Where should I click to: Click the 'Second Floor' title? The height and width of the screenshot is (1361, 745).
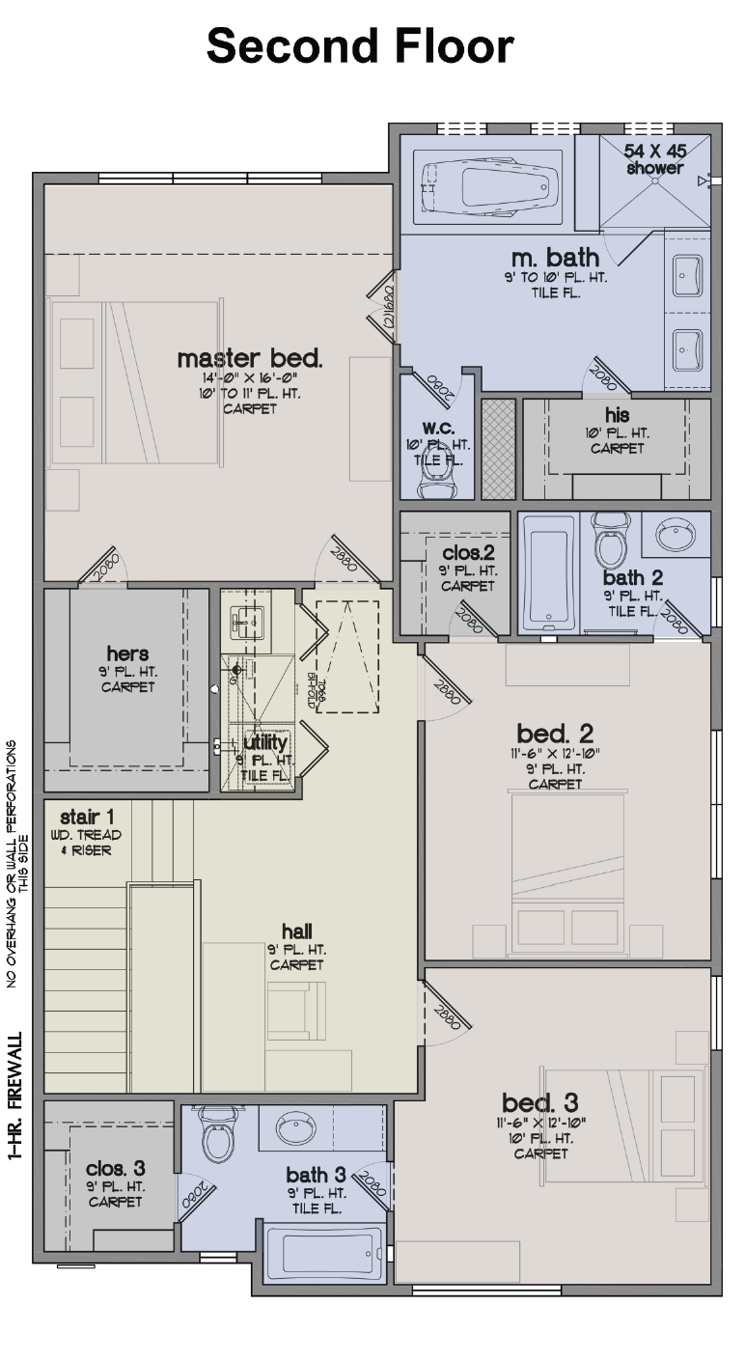360,45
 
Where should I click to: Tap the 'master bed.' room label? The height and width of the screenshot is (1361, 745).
250,359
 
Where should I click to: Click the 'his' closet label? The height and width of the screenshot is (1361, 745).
618,416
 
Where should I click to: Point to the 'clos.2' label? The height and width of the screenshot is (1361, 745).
469,553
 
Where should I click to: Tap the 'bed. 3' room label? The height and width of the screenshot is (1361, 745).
540,1102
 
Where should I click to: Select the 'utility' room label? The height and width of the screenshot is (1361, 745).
264,743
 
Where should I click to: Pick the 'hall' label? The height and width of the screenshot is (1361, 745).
296,931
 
